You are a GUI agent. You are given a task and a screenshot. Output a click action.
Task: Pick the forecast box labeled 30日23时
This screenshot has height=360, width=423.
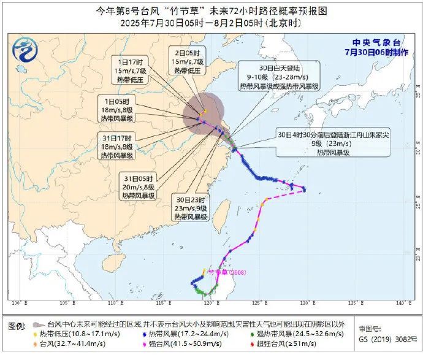[191, 209]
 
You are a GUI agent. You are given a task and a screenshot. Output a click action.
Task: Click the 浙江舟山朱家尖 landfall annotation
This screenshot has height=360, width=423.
[322, 142]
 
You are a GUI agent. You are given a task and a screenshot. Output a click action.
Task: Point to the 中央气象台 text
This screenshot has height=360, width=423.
[376, 42]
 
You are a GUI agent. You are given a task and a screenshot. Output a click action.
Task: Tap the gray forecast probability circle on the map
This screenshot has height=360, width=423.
[204, 112]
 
